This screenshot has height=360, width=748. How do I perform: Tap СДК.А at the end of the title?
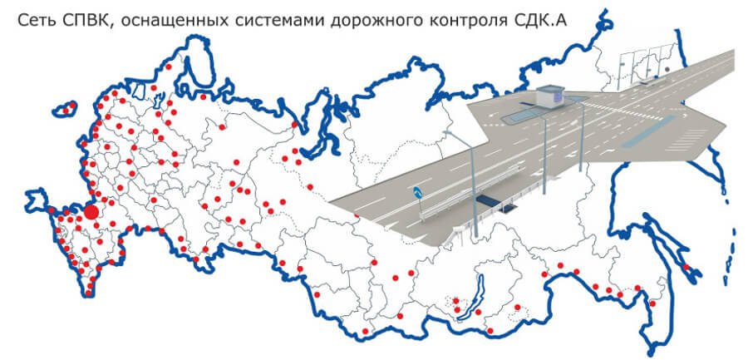(539, 21)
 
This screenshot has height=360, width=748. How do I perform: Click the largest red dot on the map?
(91, 212)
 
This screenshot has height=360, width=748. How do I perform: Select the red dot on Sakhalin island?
(686, 267)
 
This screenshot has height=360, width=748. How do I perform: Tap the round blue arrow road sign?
(418, 192)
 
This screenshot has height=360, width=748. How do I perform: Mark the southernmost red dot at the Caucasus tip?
(88, 293)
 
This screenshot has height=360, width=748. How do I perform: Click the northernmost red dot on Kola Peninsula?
(169, 67)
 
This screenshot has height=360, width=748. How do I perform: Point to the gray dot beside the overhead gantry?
(667, 69)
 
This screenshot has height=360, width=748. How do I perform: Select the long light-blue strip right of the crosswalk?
(651, 131)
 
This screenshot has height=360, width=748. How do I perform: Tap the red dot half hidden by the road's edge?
(357, 217)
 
